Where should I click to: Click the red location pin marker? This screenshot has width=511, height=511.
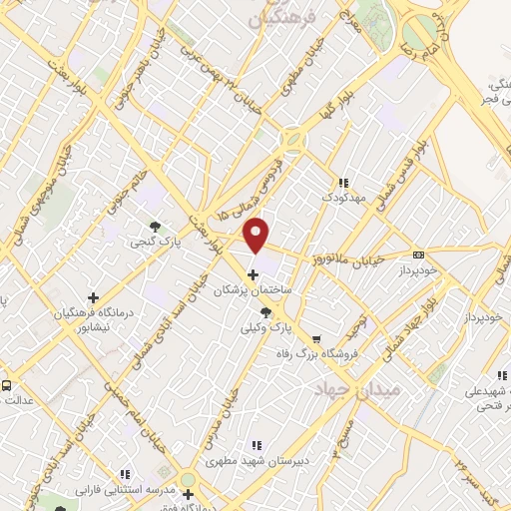(257, 235)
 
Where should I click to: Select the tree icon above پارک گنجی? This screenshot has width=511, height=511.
(154, 227)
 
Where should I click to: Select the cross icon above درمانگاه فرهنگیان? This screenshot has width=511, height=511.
(94, 297)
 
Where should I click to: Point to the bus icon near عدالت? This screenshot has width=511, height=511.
(6, 384)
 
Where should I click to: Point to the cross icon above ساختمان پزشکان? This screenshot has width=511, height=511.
(253, 274)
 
